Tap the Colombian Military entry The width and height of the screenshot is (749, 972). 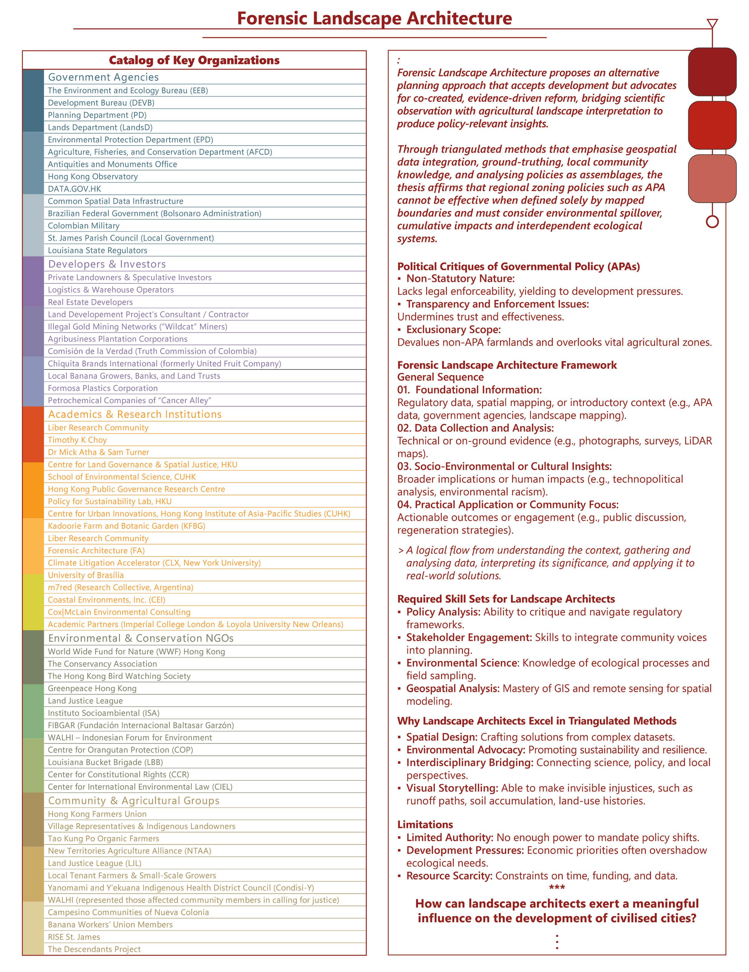[84, 226]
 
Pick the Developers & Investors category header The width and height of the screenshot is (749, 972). [107, 264]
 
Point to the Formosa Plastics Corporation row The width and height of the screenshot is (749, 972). [103, 388]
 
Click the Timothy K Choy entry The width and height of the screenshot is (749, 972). [77, 440]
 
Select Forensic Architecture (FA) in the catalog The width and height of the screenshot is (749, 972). [96, 551]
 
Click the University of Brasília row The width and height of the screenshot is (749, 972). [86, 575]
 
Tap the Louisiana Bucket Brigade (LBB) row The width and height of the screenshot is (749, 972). [105, 762]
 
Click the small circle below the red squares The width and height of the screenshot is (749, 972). [712, 221]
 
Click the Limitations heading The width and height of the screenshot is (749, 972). [425, 824]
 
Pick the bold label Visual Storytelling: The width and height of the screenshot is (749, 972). [452, 788]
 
